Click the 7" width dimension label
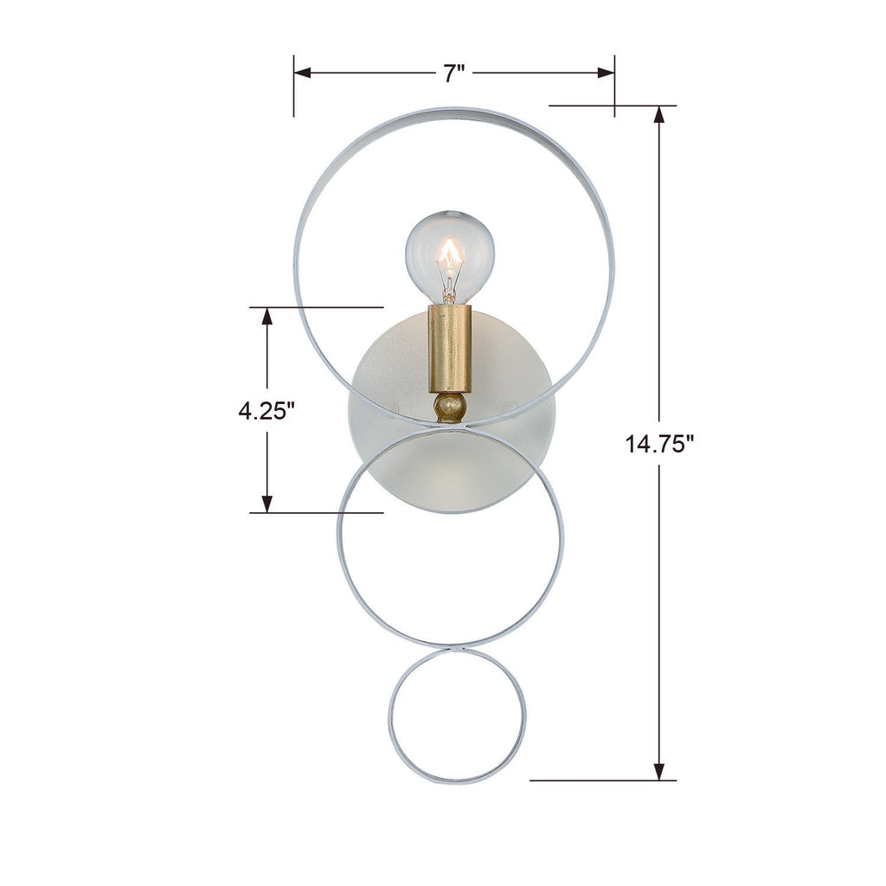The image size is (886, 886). pyautogui.click(x=454, y=74)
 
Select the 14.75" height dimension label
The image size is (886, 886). pyautogui.click(x=660, y=444)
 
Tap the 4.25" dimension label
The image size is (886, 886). pyautogui.click(x=267, y=410)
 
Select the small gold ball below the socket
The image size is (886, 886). pyautogui.click(x=450, y=406)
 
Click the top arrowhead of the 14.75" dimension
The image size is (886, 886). pyautogui.click(x=659, y=115)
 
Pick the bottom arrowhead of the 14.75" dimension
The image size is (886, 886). pyautogui.click(x=659, y=772)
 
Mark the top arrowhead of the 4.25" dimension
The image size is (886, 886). pyautogui.click(x=267, y=316)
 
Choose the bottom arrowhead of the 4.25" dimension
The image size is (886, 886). pyautogui.click(x=267, y=504)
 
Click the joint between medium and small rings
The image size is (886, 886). pyautogui.click(x=455, y=648)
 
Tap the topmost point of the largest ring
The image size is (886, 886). pyautogui.click(x=454, y=110)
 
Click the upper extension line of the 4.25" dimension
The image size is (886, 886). pyautogui.click(x=316, y=306)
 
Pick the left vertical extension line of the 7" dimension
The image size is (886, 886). pyautogui.click(x=294, y=87)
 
